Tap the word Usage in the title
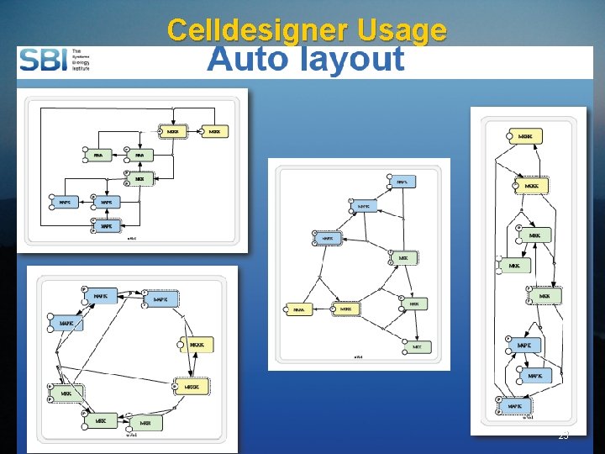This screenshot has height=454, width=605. pos(402,31)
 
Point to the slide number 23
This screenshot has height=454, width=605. pos(563,436)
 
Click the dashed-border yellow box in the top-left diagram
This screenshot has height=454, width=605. pos(172,131)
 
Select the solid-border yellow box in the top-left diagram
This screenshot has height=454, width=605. pos(214,131)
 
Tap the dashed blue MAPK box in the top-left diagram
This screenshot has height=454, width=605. pos(107,225)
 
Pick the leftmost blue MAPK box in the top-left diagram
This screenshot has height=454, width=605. pos(65,202)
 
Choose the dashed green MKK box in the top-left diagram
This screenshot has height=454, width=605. pos(139,178)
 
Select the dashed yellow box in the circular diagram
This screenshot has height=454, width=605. pos(192,386)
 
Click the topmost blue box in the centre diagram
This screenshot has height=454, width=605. pos(402,182)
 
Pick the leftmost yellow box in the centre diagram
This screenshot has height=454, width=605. pos(298,309)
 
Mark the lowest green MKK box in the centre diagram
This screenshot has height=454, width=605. pos(417,346)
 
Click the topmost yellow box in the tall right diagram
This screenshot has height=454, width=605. pos(525,136)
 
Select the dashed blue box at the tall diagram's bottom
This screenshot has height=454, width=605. pos(515,406)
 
